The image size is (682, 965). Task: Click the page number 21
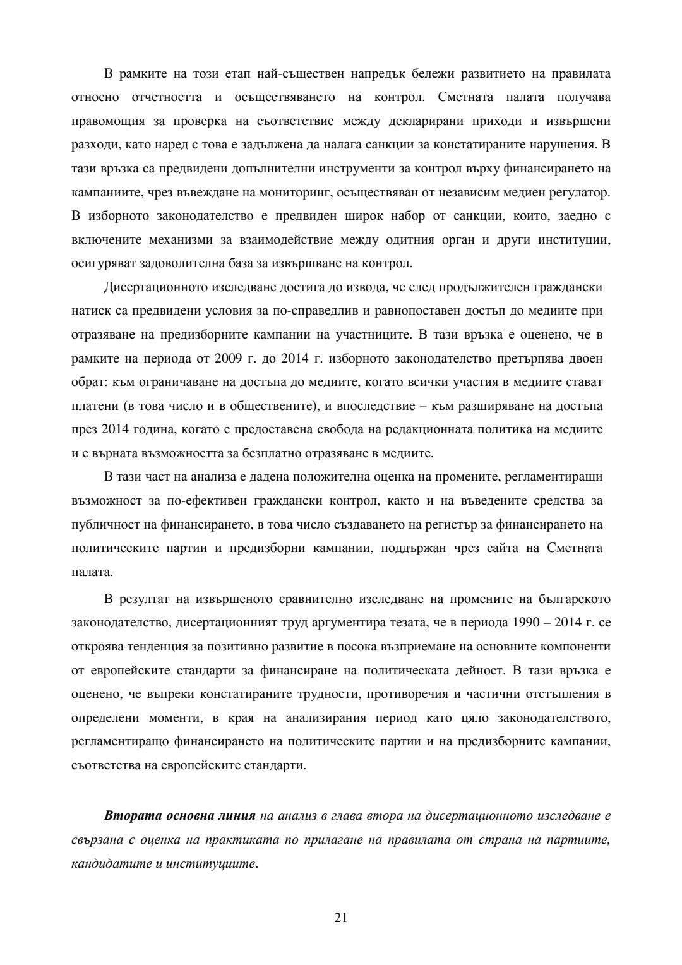point(340,918)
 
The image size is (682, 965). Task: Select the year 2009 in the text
point(226,359)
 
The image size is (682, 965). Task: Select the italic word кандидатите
point(109,863)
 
